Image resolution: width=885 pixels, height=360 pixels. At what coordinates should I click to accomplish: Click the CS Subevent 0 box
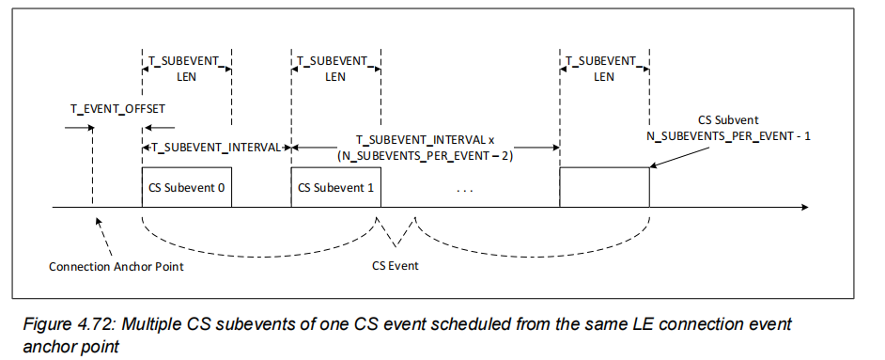pos(186,187)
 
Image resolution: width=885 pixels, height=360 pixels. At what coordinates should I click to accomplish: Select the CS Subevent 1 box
pos(335,187)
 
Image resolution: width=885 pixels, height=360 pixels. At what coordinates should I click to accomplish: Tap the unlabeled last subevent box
pos(604,187)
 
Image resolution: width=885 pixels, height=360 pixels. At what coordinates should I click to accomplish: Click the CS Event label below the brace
pos(396,266)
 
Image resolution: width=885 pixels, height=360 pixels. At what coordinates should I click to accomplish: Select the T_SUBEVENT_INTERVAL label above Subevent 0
pos(217,147)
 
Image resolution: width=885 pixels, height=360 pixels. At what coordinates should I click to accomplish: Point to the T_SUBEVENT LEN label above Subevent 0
pos(185,68)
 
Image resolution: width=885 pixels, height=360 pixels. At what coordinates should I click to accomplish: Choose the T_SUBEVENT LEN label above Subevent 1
pos(335,68)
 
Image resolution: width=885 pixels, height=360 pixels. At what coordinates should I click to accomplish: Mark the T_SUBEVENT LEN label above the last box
pos(603,68)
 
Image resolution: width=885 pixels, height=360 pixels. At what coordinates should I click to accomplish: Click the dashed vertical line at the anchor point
pos(92,169)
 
